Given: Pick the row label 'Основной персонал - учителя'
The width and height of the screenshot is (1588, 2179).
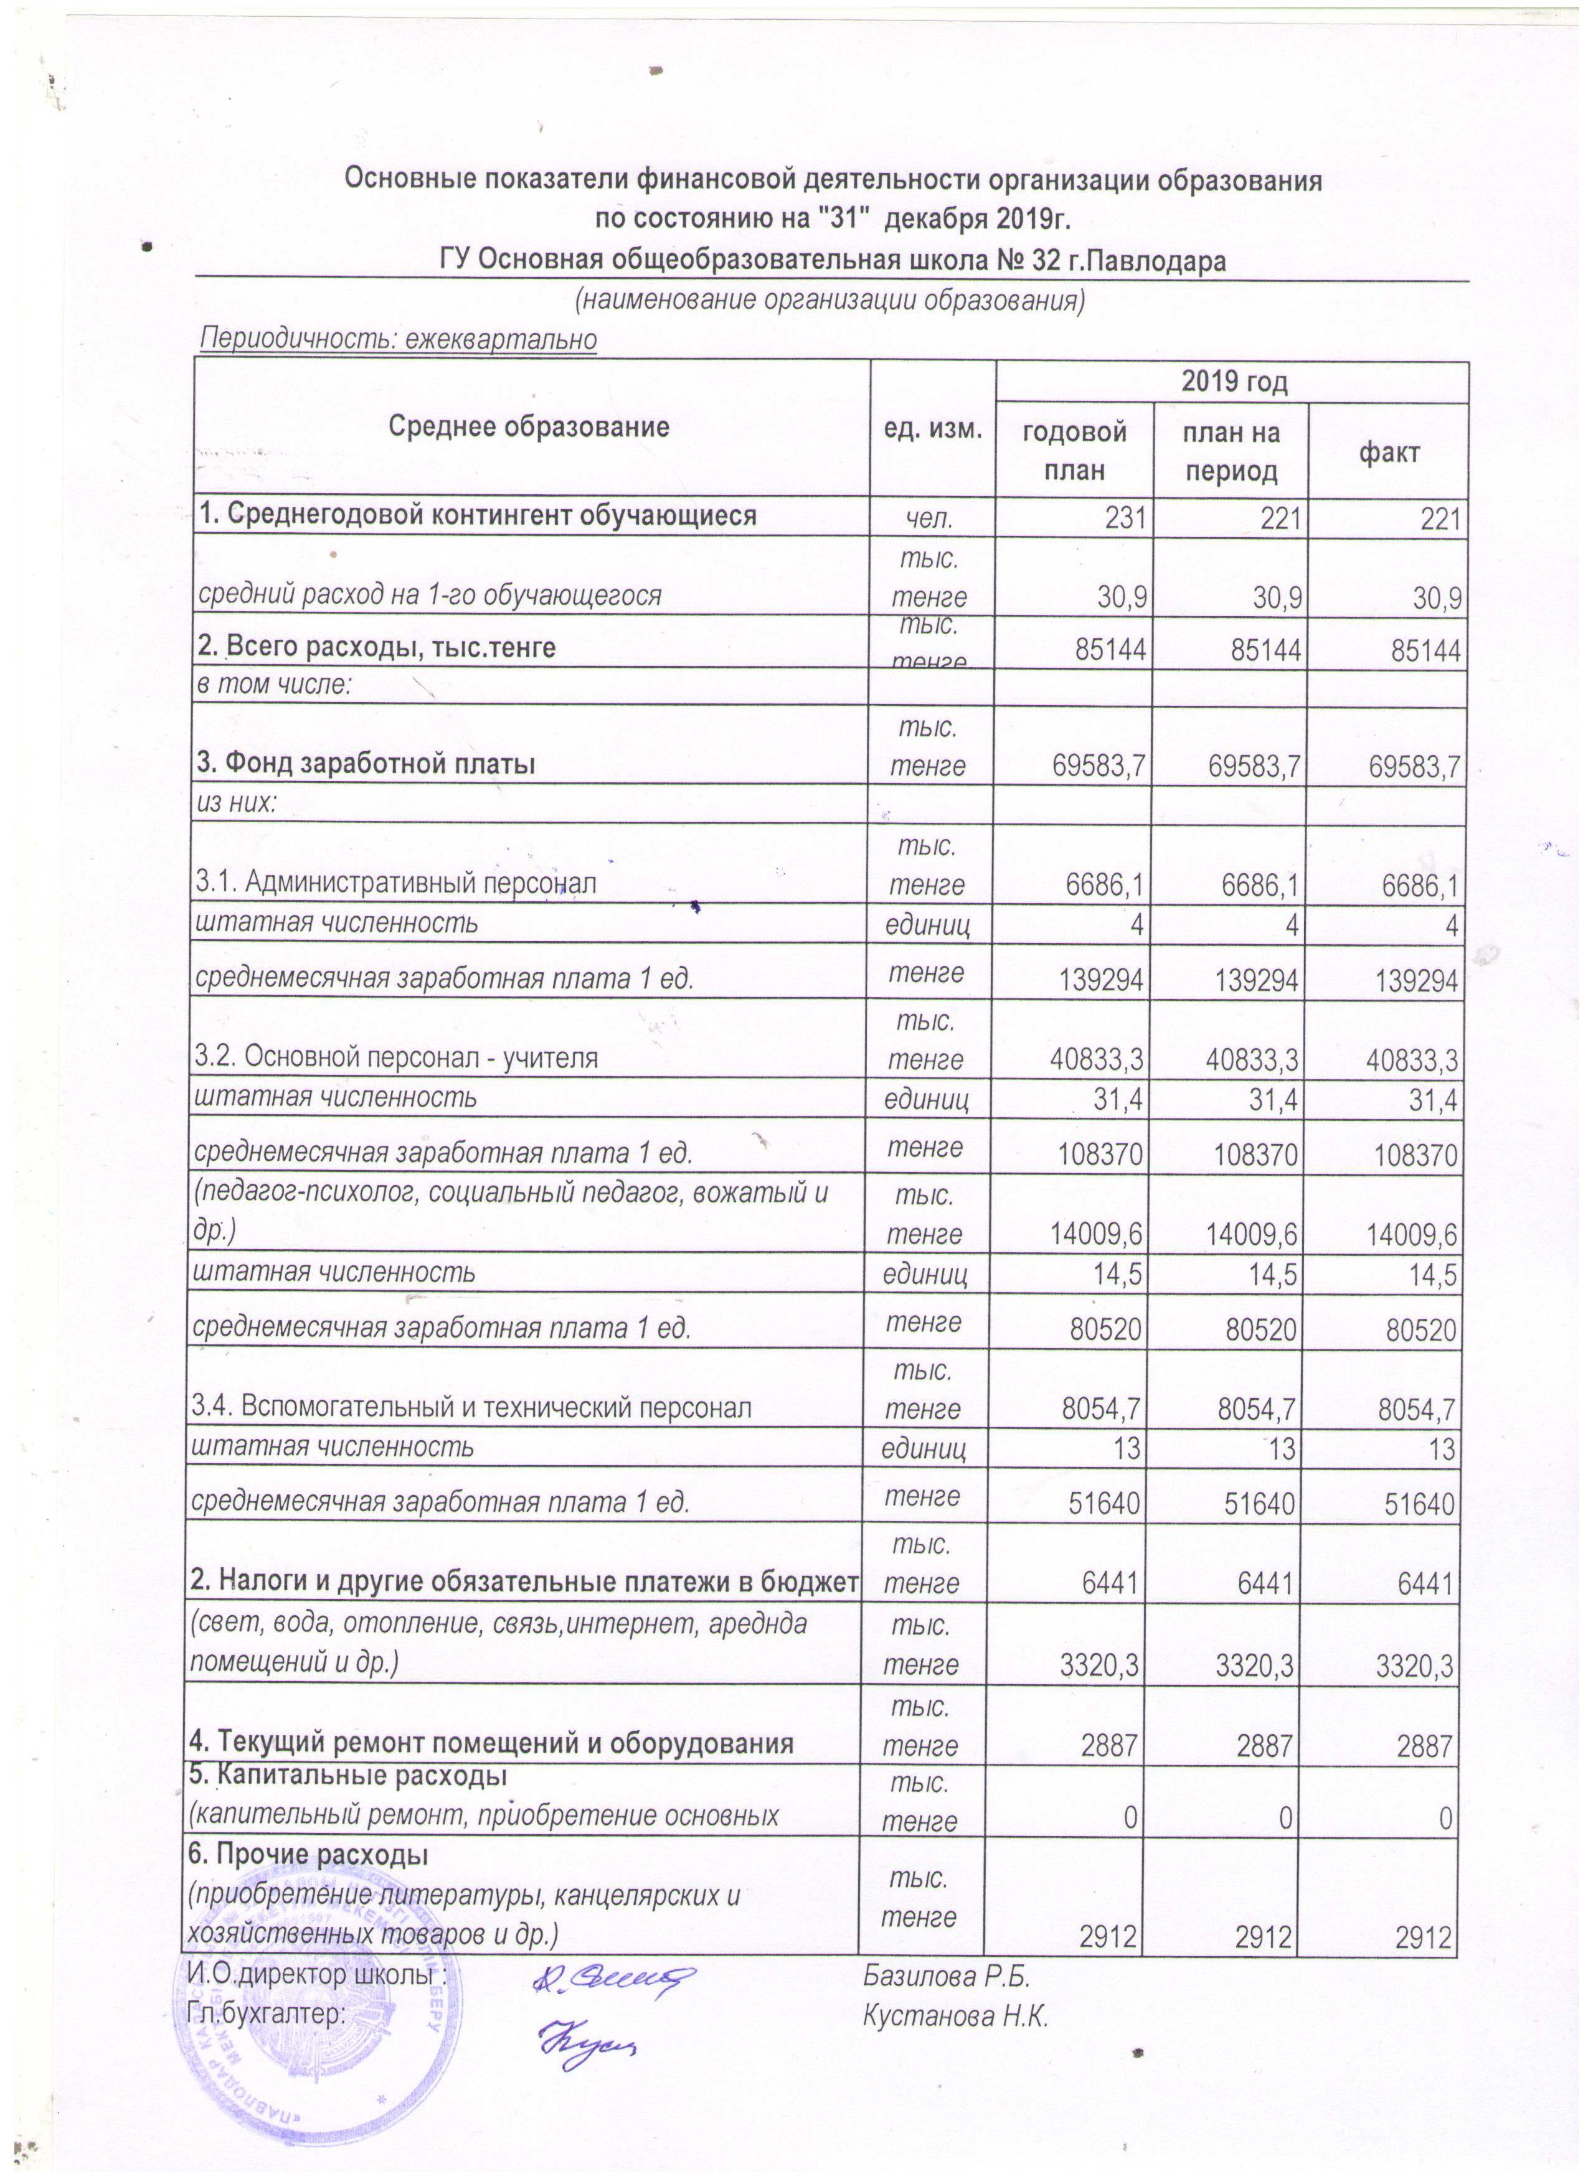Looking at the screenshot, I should [x=396, y=1058].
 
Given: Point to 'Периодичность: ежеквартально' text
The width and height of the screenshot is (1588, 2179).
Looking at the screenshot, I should [x=397, y=339].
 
